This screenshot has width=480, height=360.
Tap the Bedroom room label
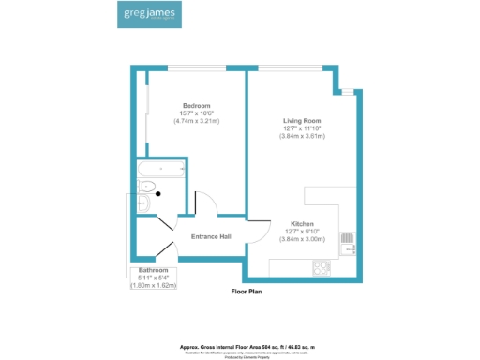tap(196, 105)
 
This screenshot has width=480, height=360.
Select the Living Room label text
tap(303, 121)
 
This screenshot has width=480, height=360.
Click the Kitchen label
tap(302, 224)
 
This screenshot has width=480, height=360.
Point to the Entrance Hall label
tap(211, 236)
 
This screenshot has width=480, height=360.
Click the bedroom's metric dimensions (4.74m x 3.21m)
tap(196, 121)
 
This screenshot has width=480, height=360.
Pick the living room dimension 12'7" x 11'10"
tap(303, 128)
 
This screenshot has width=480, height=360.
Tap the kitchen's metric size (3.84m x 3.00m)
tap(302, 239)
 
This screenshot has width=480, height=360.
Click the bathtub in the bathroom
tap(162, 172)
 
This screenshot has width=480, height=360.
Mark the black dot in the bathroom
tap(158, 194)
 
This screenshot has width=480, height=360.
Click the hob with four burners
tap(322, 267)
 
